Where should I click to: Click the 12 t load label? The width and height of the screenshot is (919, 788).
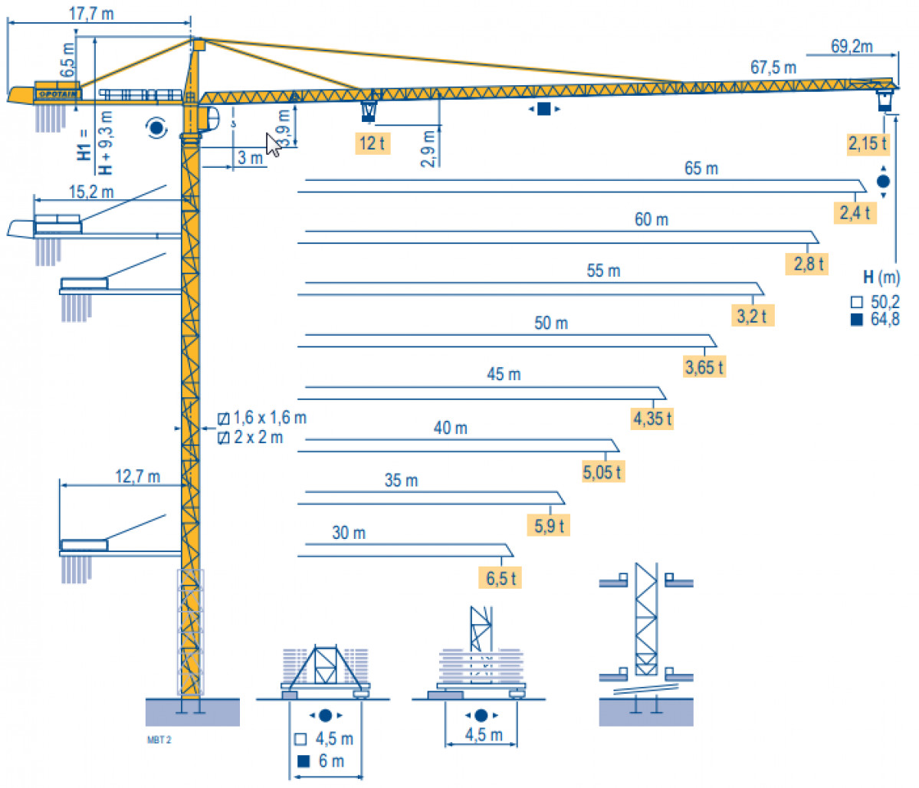pos(373,143)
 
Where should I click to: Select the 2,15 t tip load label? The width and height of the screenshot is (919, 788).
pos(868,143)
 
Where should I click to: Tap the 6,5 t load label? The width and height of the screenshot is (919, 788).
pos(501,578)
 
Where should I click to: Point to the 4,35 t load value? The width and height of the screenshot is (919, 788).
pos(652,419)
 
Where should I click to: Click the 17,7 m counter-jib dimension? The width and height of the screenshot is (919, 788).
pos(91,13)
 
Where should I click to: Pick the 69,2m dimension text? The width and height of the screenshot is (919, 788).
pos(852,46)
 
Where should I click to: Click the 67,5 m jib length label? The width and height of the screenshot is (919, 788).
pos(773,67)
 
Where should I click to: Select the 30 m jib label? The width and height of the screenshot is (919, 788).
pos(349,533)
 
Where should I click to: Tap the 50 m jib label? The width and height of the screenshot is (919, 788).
pos(551,323)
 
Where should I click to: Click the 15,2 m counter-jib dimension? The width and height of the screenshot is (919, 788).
pos(91,192)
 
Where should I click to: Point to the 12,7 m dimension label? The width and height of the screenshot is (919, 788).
pos(138,476)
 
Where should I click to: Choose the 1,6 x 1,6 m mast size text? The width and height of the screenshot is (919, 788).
pos(270,418)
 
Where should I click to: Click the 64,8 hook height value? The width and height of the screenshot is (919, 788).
pos(885,320)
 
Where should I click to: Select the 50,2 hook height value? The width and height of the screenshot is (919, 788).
pos(885,302)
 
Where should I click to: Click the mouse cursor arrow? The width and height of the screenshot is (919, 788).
pos(273,145)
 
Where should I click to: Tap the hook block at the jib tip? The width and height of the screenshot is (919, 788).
pos(885,100)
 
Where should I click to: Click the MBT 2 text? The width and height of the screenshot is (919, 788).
pos(159,740)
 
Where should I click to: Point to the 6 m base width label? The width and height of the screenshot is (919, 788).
pos(331,761)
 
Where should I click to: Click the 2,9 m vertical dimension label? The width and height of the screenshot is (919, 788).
pos(428,149)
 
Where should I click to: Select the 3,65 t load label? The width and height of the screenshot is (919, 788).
pos(704,367)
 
